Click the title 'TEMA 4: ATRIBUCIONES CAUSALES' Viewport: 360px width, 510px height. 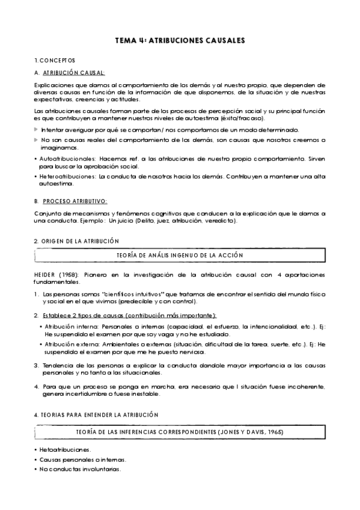pos(180,40)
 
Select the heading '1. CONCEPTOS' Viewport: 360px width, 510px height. pos(55,61)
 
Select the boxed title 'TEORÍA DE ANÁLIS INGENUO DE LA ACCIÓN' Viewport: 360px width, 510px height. pos(180,255)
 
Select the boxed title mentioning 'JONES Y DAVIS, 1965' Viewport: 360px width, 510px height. pos(180,432)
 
